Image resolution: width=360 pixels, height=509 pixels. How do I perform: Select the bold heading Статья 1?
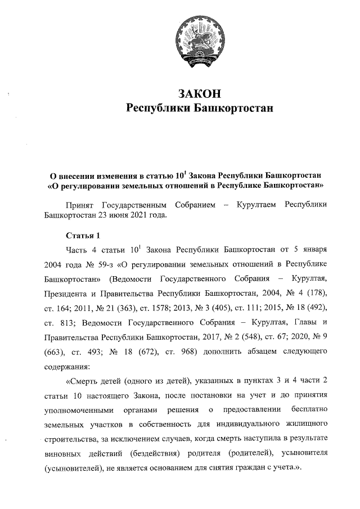83,235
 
